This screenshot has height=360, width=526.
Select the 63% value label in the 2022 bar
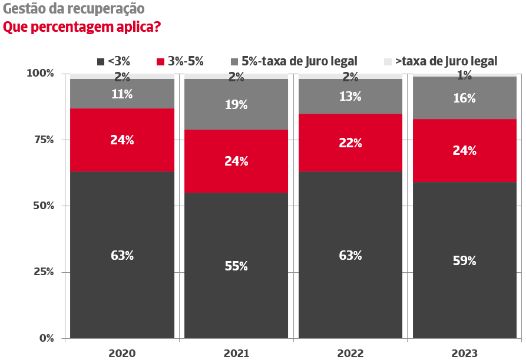click(x=350, y=256)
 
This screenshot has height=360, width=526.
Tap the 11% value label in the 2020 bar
click(x=122, y=94)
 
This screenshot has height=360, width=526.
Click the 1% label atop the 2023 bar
click(x=465, y=75)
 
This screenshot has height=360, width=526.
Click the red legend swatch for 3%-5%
click(x=160, y=61)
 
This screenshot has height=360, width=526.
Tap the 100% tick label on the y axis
click(x=39, y=74)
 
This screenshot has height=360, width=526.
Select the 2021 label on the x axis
click(x=236, y=354)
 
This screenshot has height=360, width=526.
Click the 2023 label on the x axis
click(x=465, y=354)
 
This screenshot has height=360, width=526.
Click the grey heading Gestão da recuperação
click(x=74, y=9)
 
